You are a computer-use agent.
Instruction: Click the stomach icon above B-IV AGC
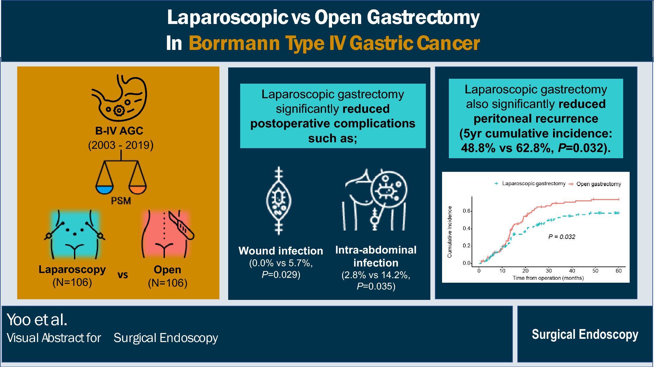pos(119,98)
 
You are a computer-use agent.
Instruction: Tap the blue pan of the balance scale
pos(105,190)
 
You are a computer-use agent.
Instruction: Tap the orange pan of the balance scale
pos(138,190)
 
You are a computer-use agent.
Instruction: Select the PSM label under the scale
pos(121,201)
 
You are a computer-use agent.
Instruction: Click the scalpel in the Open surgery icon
pos(181,225)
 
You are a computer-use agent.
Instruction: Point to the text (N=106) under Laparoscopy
pos(72,282)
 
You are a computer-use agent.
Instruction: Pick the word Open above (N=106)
pos(167,270)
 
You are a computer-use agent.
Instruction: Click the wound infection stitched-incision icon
pos(279,201)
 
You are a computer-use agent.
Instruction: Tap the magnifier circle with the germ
pos(389,189)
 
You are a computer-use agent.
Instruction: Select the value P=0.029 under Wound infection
pos(281,275)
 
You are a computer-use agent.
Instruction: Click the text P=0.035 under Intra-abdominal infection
pos(376,286)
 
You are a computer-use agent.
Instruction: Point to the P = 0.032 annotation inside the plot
pos(561,237)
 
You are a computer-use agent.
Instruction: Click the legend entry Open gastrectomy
pos(598,184)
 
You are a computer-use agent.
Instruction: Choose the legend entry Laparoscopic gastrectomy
pos(534,184)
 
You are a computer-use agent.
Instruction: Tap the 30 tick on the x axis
pos(549,271)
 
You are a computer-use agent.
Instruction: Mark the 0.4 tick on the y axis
pos(466,229)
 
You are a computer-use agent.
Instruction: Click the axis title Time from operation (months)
pos(548,278)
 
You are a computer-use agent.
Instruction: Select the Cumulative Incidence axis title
pos(450,232)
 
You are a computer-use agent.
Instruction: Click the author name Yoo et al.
pos(37,320)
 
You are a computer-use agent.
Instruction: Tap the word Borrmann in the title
pos(234,43)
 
